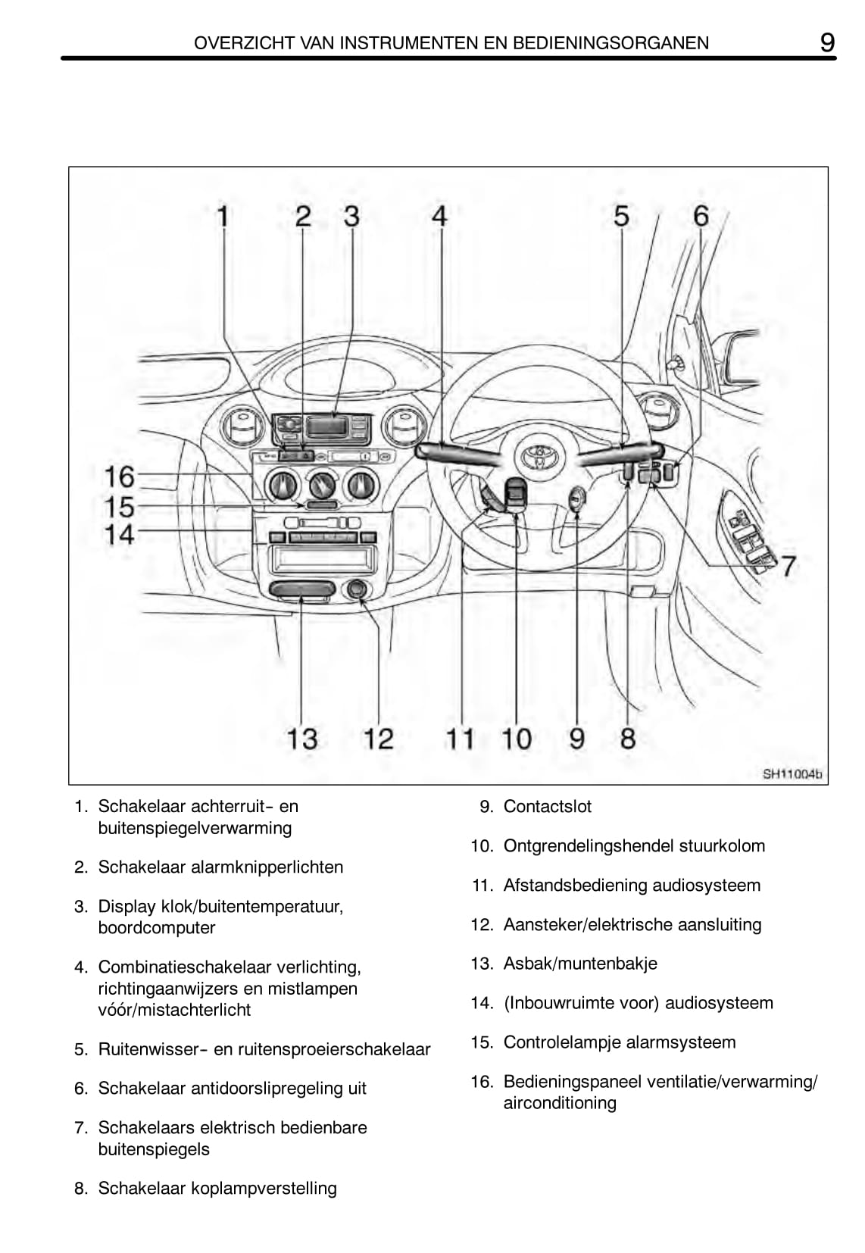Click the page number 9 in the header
(827, 42)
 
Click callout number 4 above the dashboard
(439, 217)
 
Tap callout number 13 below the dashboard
(301, 739)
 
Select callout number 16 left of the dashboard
(119, 477)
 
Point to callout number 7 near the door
(788, 566)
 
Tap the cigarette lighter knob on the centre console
(357, 589)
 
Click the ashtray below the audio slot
(301, 590)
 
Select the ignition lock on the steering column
(578, 499)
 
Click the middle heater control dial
(322, 483)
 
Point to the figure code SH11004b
(792, 774)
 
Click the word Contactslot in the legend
(547, 807)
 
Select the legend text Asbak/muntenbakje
(580, 964)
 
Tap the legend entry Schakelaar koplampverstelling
(217, 1188)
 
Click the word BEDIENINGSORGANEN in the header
(610, 43)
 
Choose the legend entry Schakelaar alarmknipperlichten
(220, 867)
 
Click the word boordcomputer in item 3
(157, 928)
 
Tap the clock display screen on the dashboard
(326, 427)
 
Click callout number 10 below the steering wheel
(517, 739)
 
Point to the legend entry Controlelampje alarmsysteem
(619, 1042)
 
